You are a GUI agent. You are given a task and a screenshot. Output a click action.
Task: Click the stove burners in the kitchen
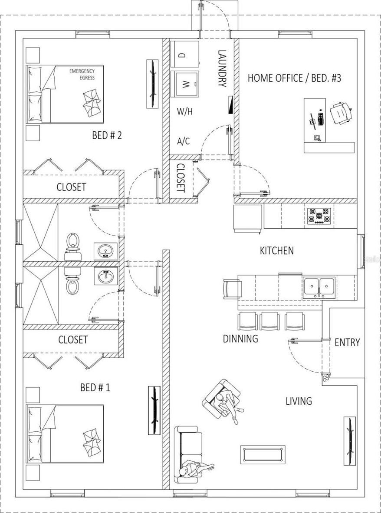[319, 216]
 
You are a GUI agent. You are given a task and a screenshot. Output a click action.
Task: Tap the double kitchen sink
[319, 287]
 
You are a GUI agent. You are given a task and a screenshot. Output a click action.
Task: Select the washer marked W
[186, 84]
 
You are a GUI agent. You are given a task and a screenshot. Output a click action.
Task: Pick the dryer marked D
[185, 54]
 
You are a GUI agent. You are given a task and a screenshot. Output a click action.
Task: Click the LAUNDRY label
[222, 68]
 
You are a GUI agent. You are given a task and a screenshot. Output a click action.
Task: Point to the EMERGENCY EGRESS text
[82, 74]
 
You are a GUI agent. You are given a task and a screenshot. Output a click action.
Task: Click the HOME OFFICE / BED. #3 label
[295, 78]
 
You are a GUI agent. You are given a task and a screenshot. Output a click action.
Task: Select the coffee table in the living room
[263, 454]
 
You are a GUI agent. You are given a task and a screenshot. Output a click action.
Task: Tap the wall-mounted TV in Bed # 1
[154, 410]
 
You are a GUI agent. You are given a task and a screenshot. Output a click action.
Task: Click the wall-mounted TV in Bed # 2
[152, 84]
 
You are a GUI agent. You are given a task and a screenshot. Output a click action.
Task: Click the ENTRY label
[347, 343]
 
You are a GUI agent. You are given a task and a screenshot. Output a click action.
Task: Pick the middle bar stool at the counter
[269, 321]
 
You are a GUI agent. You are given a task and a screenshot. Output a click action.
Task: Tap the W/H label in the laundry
[185, 112]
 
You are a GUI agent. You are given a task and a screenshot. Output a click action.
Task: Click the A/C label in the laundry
[183, 141]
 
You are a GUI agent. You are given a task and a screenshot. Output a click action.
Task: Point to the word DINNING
[240, 339]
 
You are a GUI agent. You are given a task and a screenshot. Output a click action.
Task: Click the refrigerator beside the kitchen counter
[248, 219]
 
